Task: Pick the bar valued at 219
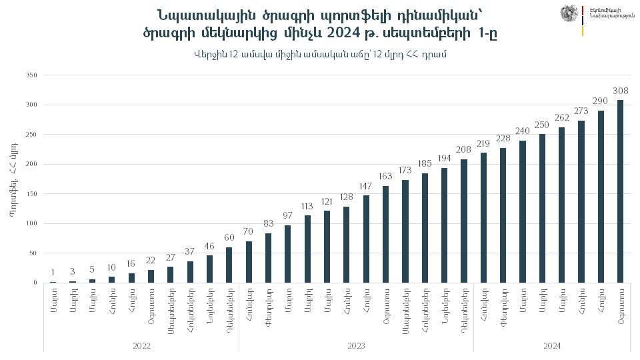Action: click(483, 217)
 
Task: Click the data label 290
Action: click(601, 101)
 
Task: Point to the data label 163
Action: click(385, 177)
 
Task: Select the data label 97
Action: click(288, 216)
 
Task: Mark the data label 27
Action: click(170, 257)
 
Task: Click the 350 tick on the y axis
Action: click(31, 75)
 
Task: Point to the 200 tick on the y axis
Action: click(31, 164)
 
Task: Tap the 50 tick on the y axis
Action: click(33, 253)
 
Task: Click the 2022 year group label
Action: click(141, 346)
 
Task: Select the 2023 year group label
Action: click(356, 346)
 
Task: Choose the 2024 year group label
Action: click(552, 346)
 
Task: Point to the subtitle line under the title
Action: click(321, 54)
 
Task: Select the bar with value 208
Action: click(464, 221)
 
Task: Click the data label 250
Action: click(542, 125)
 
